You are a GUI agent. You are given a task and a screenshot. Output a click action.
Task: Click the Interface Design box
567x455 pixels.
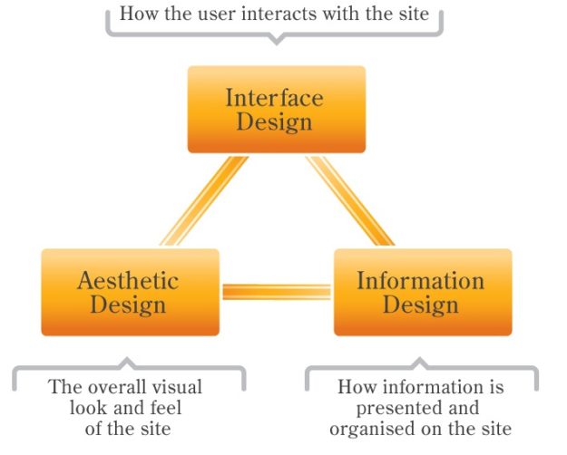(276, 109)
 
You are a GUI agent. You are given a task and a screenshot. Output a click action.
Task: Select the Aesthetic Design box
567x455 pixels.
(130, 292)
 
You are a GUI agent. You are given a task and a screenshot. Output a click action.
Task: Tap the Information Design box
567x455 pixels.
(423, 292)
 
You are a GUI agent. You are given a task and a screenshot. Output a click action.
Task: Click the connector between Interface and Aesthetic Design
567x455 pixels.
(204, 200)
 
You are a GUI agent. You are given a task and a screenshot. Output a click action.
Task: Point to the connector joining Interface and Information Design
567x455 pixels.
(348, 200)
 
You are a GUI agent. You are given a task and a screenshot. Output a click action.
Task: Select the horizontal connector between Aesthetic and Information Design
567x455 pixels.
(277, 292)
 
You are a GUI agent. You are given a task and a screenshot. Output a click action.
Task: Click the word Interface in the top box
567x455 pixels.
(274, 97)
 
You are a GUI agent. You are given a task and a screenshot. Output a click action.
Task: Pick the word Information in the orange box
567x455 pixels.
(418, 280)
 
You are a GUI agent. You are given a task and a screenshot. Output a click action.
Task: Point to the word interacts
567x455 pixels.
(285, 15)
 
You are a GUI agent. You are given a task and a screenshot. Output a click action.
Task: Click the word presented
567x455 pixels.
(405, 408)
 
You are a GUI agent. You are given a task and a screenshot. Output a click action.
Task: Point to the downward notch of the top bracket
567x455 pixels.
(277, 41)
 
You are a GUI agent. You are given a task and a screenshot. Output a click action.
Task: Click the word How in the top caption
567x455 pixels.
(135, 15)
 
